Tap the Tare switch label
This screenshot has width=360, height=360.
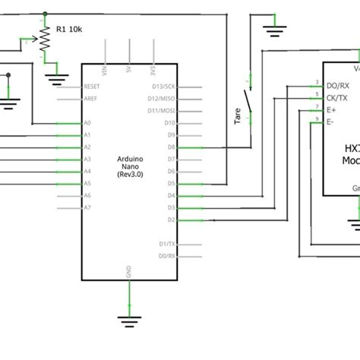(x=238, y=117)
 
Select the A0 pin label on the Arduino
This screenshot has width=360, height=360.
(x=87, y=122)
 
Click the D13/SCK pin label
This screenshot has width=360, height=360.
(x=164, y=86)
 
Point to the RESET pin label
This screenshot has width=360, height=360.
(x=92, y=86)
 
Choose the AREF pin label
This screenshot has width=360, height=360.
(x=90, y=98)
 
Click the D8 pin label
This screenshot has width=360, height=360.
(x=171, y=147)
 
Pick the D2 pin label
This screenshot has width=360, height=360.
(x=171, y=219)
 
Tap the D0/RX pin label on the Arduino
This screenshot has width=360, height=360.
(x=167, y=256)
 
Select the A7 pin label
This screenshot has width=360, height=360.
(x=87, y=207)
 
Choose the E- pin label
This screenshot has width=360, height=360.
(x=330, y=122)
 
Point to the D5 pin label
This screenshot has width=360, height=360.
(x=171, y=183)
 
